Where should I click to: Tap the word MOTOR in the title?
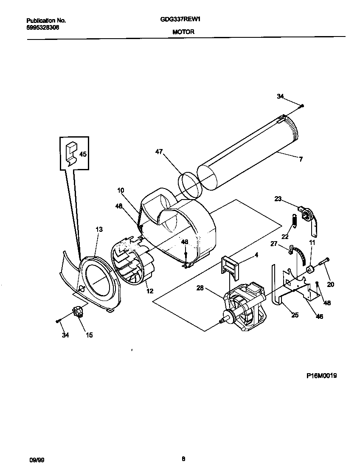click(x=183, y=32)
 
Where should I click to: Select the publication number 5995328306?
click(x=42, y=27)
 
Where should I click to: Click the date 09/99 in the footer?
click(x=36, y=459)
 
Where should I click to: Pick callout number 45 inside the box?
click(x=83, y=154)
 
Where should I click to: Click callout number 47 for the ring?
click(x=159, y=151)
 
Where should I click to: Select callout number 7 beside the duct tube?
click(x=301, y=159)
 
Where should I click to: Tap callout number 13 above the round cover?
click(x=99, y=230)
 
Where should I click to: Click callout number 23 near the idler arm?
click(x=278, y=198)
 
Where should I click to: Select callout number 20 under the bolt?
click(x=330, y=284)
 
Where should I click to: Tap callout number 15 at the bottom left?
click(x=89, y=335)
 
